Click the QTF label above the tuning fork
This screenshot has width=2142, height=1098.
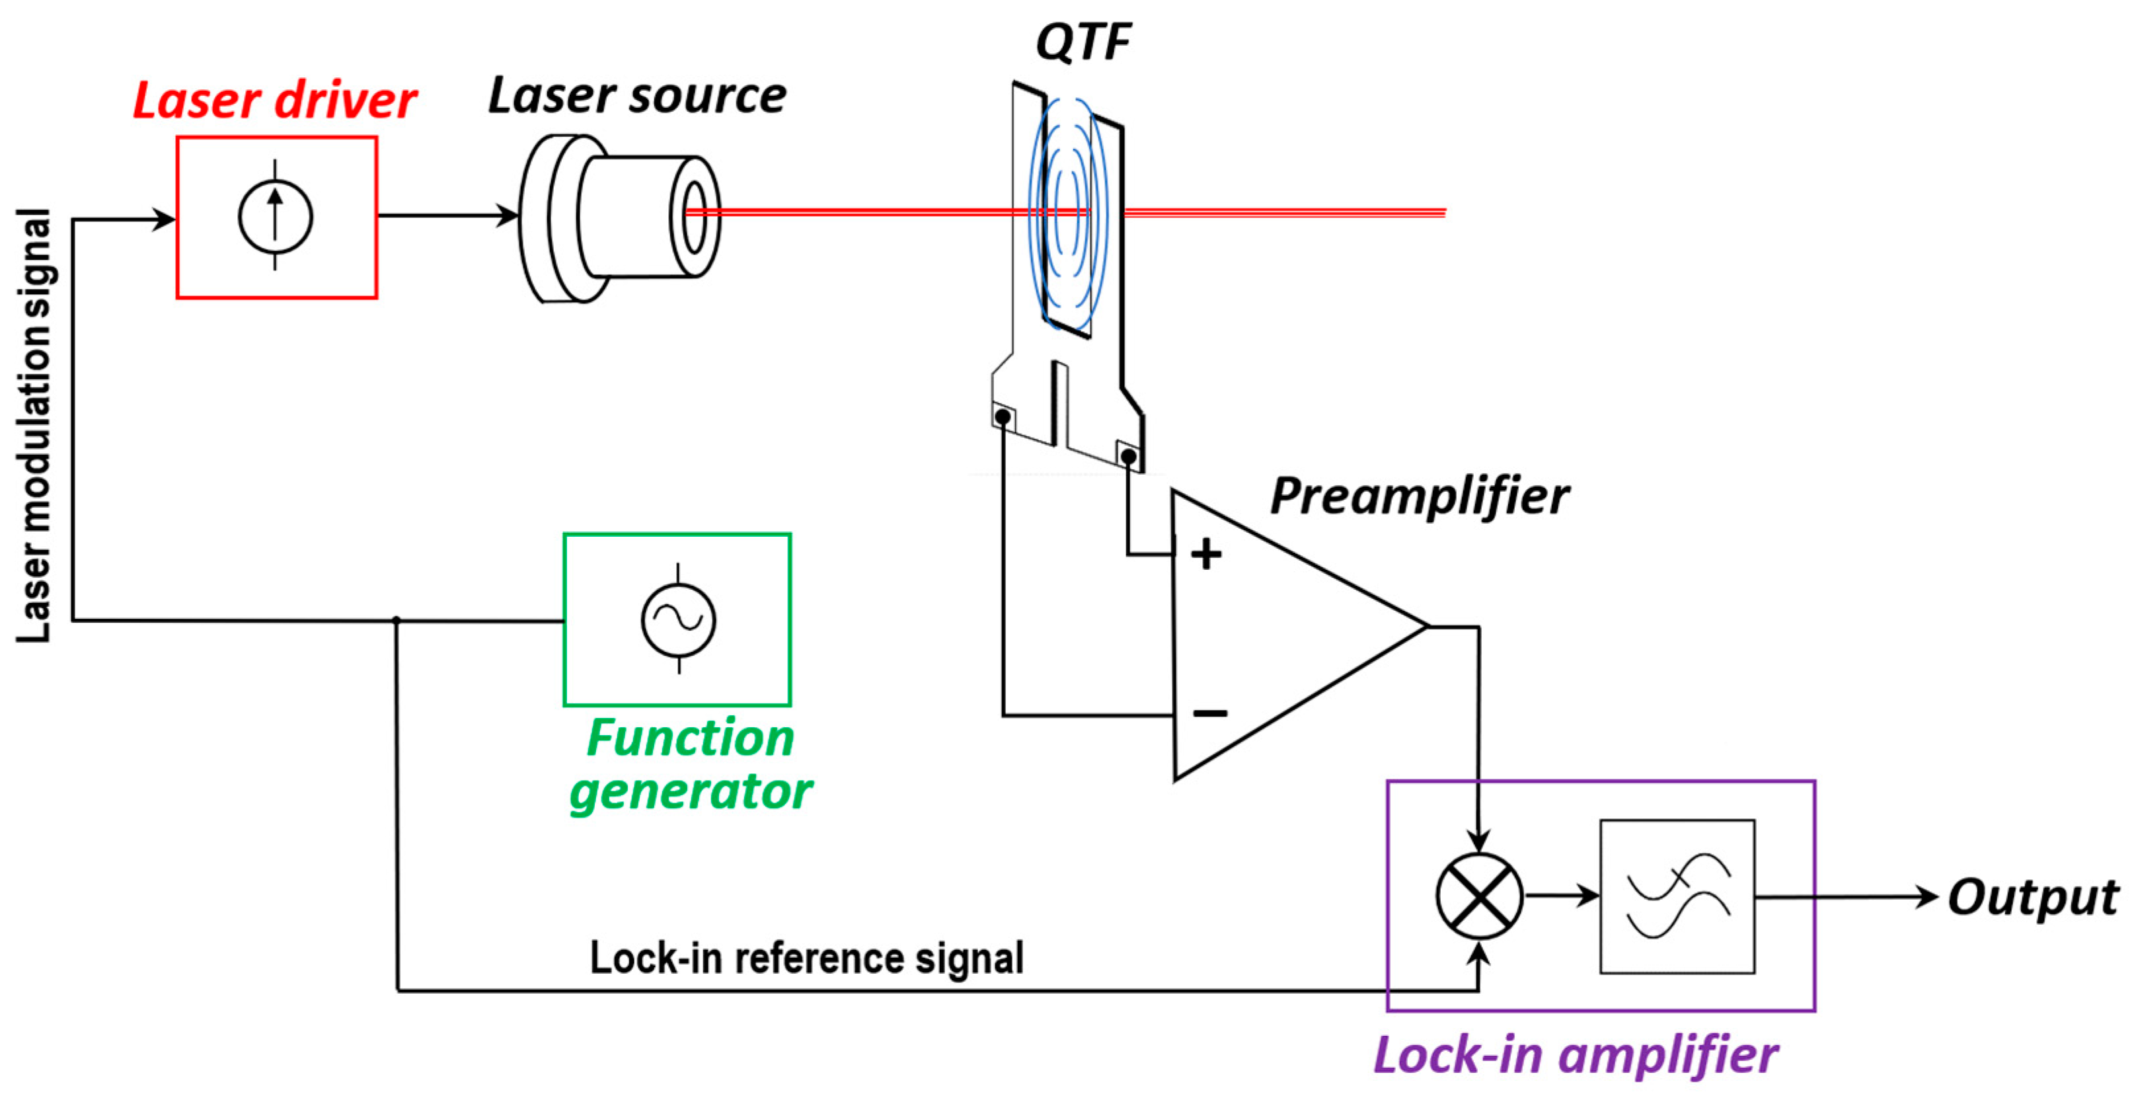click(x=1083, y=42)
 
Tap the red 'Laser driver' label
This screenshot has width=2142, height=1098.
click(x=274, y=100)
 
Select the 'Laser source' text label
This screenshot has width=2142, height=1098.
click(x=637, y=96)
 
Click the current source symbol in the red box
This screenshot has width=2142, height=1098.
click(x=275, y=216)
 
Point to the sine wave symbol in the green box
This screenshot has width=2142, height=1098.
click(x=677, y=619)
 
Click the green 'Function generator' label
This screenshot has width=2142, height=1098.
click(x=690, y=764)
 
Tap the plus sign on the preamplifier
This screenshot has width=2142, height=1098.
click(x=1205, y=554)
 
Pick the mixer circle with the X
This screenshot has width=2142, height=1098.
click(x=1478, y=896)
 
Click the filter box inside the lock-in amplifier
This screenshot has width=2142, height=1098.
click(x=1677, y=896)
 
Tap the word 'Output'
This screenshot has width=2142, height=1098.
click(x=2032, y=898)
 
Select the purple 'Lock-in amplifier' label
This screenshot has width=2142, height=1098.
click(x=1575, y=1055)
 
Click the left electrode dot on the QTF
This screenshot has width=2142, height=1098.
click(x=1003, y=416)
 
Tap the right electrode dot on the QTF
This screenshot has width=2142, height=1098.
click(x=1128, y=456)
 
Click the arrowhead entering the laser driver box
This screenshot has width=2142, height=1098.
click(x=165, y=219)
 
